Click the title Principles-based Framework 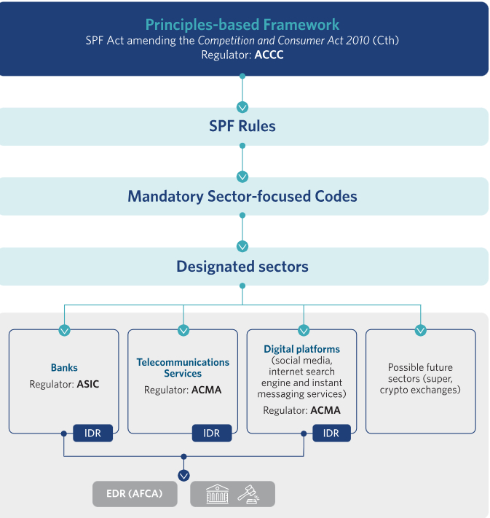tap(242, 25)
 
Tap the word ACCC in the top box tap(269, 55)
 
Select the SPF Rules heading tap(242, 126)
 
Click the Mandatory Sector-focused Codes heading tap(242, 196)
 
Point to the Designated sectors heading tap(242, 267)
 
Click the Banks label tap(64, 368)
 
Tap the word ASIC tap(88, 384)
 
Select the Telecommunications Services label tap(183, 368)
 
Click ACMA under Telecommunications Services tap(206, 390)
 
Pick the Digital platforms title tap(302, 349)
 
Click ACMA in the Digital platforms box tap(325, 410)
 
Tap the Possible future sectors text tap(420, 379)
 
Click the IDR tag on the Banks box tap(92, 433)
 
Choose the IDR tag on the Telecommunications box tap(212, 433)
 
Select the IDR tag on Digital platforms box tap(331, 433)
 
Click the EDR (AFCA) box tap(135, 494)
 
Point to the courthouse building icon tap(217, 494)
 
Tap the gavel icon tap(248, 495)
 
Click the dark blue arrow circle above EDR tap(184, 476)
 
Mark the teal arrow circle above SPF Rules tap(242, 107)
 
